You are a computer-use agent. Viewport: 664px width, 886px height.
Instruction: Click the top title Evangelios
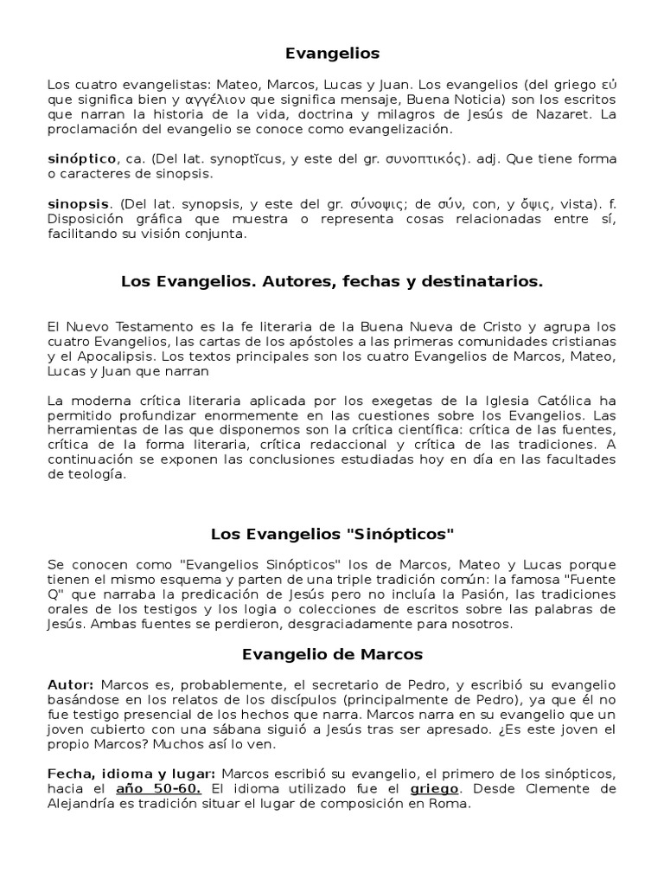click(332, 54)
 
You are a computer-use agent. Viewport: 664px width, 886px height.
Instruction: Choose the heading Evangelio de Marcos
click(332, 654)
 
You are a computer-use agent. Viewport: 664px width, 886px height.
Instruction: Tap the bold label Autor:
click(70, 684)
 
